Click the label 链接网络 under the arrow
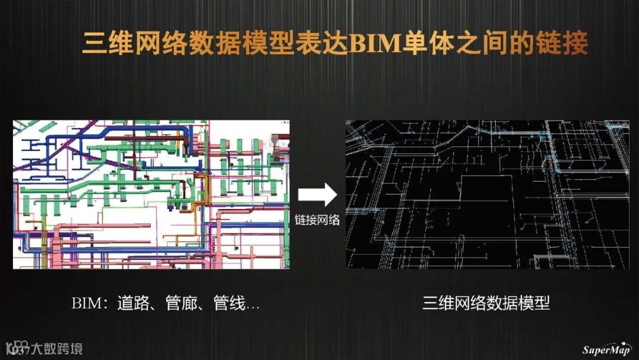[317, 220]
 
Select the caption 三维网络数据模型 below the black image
[486, 304]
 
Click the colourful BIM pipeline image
[151, 195]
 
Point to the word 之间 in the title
[480, 45]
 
